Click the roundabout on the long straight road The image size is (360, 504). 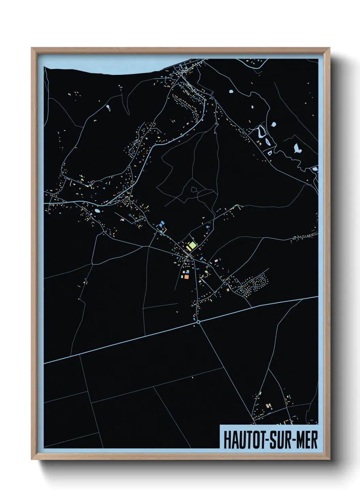click(198, 321)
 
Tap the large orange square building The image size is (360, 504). click(186, 277)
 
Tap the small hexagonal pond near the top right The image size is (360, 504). click(231, 91)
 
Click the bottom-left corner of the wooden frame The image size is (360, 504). click(32, 459)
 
